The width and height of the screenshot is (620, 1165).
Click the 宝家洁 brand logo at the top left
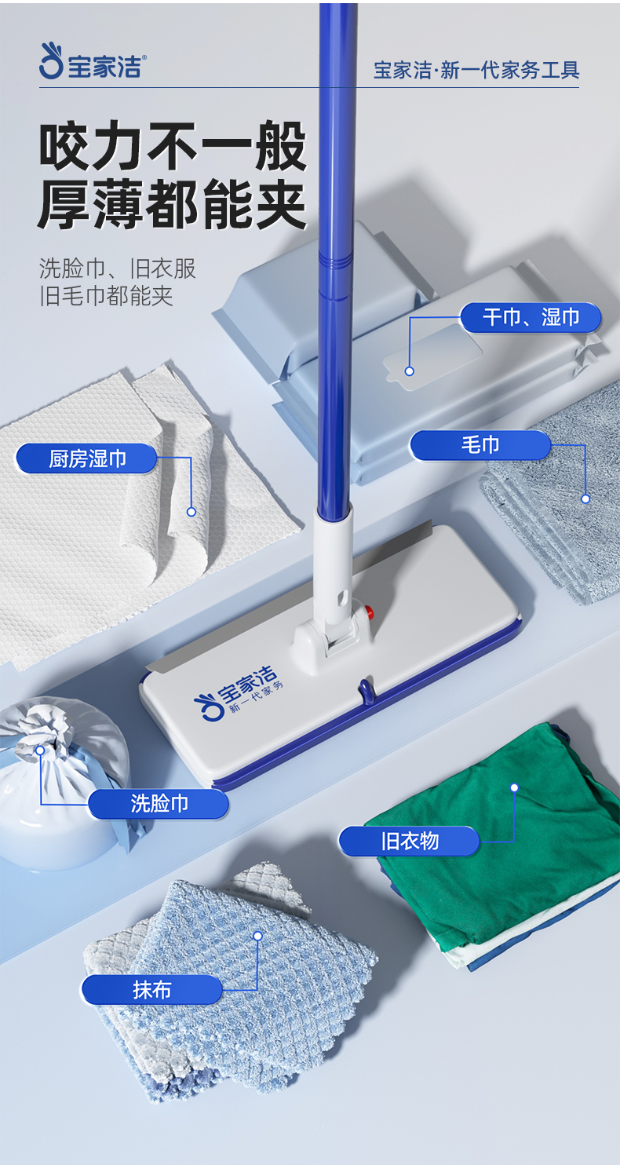[93, 62]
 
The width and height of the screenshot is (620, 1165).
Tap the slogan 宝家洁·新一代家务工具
[476, 70]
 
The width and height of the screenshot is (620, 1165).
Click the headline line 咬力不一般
[173, 146]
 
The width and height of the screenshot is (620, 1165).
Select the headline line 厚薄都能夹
[172, 204]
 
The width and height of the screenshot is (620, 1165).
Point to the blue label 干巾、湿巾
[531, 317]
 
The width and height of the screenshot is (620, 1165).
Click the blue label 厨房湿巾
[87, 458]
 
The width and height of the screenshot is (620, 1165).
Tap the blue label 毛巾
[480, 445]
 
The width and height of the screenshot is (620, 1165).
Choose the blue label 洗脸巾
[159, 804]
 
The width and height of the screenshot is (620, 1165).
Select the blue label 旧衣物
[410, 841]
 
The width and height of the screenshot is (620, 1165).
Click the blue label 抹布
[152, 990]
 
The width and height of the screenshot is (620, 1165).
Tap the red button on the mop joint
[370, 610]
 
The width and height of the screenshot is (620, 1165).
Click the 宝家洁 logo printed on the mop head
[239, 692]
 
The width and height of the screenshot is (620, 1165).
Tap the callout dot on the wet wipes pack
[410, 371]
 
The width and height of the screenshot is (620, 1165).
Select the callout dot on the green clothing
[514, 787]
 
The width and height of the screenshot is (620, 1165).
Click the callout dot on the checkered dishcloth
[257, 936]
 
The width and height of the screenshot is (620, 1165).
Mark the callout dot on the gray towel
[585, 499]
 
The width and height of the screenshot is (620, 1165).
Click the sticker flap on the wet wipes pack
[432, 357]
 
